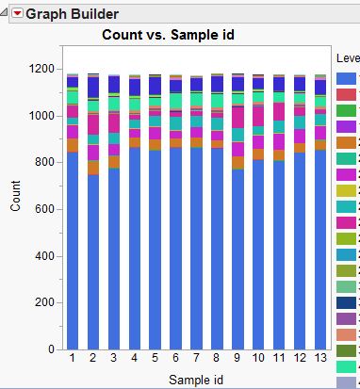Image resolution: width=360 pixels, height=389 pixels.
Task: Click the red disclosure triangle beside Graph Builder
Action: click(16, 14)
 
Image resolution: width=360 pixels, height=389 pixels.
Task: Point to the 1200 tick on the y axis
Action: click(41, 69)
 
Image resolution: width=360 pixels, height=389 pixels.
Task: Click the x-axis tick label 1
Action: click(73, 359)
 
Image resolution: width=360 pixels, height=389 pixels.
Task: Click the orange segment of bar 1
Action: click(73, 145)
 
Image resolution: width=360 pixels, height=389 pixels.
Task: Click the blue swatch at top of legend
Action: click(346, 78)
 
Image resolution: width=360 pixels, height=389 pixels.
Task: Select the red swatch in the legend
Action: click(346, 95)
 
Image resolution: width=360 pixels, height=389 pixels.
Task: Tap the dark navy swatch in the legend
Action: click(346, 302)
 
